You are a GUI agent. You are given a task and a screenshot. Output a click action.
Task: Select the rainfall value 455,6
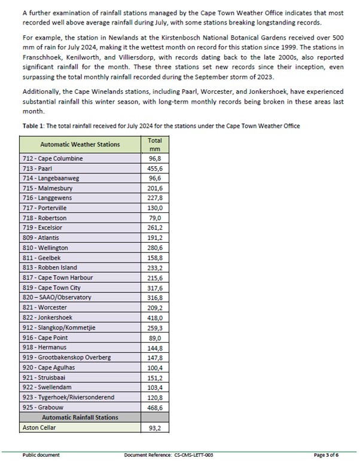tap(154, 169)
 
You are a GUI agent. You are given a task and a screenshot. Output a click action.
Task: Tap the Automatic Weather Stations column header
tap(80, 144)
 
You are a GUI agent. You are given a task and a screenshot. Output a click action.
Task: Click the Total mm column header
tap(154, 144)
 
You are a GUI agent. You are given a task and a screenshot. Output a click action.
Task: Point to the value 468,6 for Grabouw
tap(154, 407)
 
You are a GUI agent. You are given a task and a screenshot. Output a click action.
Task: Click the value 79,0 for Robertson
tap(154, 218)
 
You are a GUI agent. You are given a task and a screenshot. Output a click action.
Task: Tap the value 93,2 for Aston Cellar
tap(154, 428)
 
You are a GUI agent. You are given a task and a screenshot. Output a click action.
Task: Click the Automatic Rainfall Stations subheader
tap(80, 417)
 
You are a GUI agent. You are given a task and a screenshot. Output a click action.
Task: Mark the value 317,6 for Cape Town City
tap(154, 287)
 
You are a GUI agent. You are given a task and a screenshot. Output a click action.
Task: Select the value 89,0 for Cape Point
tap(154, 337)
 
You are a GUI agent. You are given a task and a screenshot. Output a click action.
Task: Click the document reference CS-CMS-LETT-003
tap(193, 455)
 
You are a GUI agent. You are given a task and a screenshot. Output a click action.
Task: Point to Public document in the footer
tap(41, 455)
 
